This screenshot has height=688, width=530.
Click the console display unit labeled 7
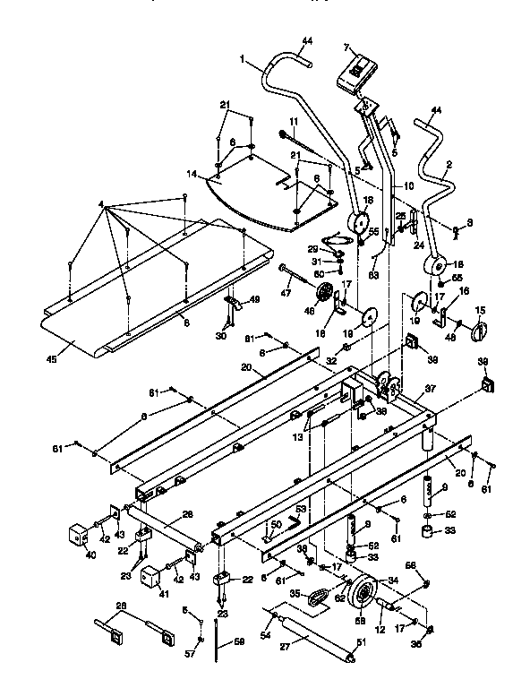pos(357,73)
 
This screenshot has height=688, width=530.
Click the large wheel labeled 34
pos(364,595)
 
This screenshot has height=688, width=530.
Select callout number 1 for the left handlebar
pos(242,58)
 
